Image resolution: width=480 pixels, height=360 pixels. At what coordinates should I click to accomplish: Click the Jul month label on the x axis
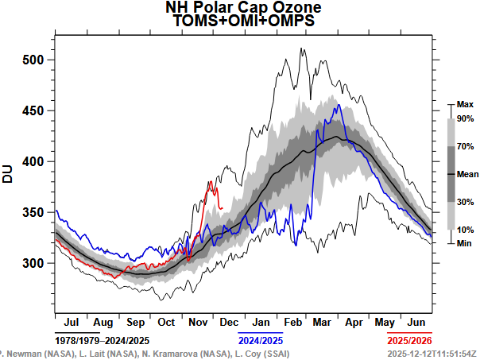click(70, 322)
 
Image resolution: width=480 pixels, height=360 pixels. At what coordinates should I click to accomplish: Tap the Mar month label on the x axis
click(321, 322)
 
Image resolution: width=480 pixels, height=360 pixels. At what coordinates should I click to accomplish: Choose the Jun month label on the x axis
click(416, 322)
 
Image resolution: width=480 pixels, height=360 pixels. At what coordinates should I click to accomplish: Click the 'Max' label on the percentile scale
click(465, 104)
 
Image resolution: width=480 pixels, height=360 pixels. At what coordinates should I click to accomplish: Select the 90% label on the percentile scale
click(465, 119)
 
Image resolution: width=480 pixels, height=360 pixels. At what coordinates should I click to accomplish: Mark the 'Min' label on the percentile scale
click(464, 243)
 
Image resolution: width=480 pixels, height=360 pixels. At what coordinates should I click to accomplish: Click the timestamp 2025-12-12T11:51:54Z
click(431, 352)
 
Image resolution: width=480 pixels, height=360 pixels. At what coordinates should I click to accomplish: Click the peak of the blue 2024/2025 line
click(338, 105)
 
